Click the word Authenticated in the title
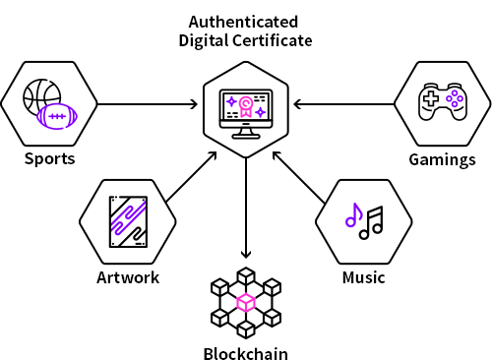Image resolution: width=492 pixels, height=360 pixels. tap(243, 23)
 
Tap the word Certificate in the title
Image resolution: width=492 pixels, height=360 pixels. tap(273, 40)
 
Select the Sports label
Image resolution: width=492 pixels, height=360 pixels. tap(50, 159)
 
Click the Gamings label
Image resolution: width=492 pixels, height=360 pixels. tap(442, 160)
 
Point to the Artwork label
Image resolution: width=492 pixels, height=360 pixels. tap(128, 277)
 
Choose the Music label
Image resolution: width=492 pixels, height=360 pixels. tap(363, 277)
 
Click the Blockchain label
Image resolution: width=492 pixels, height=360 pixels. tap(246, 353)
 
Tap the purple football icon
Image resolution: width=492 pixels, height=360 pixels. tap(57, 116)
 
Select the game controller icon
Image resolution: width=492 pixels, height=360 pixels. tap(443, 101)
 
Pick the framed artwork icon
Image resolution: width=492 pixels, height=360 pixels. tap(128, 221)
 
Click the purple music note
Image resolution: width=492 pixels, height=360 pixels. tap(353, 215)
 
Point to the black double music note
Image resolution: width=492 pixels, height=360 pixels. tap(372, 222)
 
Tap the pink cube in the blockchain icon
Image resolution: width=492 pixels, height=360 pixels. tap(246, 302)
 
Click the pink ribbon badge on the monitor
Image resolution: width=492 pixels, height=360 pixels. tap(245, 106)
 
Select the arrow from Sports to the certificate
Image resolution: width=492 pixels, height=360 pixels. tap(148, 104)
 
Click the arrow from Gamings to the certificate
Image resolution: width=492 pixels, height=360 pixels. tap(344, 104)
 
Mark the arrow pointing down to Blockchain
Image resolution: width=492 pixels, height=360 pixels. tap(246, 208)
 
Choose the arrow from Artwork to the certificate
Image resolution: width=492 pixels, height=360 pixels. tap(192, 177)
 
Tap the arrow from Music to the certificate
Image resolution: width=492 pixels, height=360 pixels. tap(299, 177)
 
